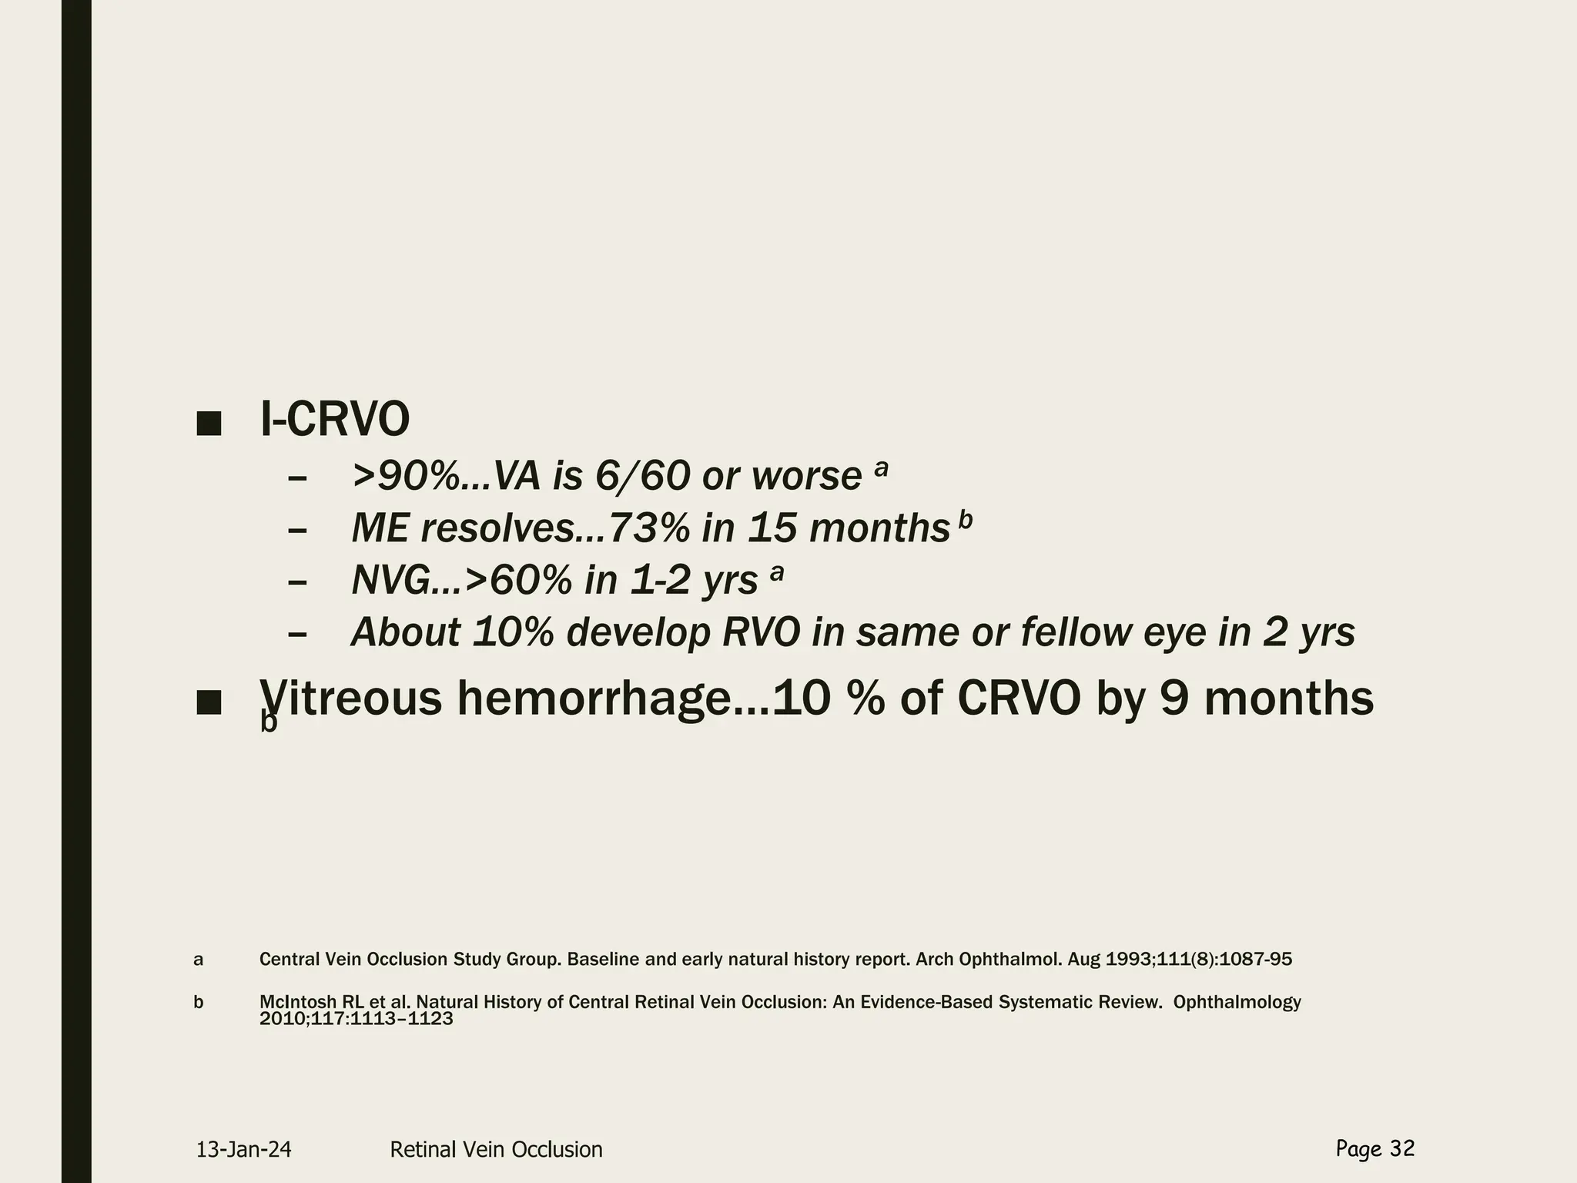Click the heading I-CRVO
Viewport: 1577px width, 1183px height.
pos(335,421)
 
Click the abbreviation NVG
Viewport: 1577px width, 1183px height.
pos(390,581)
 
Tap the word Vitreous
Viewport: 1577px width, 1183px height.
pos(350,699)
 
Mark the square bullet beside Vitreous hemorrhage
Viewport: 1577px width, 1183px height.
pos(209,702)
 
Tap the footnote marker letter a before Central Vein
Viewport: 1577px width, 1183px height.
pos(199,960)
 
